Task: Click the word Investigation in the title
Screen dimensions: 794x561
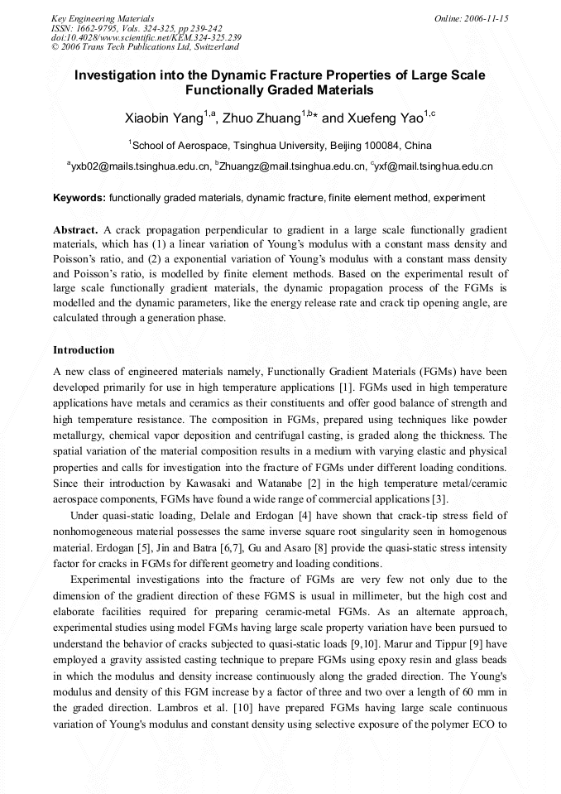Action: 117,75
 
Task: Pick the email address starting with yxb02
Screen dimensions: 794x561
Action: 140,166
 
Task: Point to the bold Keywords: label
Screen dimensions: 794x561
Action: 79,198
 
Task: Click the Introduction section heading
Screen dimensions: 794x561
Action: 84,350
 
